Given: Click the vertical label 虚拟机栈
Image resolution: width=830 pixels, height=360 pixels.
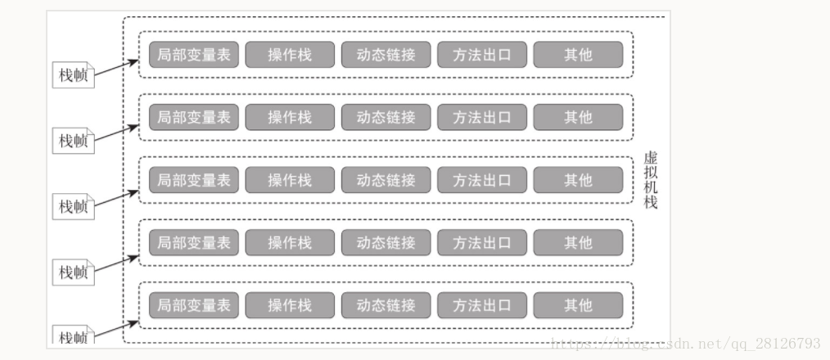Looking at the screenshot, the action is (651, 180).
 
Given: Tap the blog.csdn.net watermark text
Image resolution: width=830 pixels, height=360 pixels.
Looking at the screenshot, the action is (686, 343).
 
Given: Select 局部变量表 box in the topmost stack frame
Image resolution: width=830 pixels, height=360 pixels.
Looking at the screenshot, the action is (194, 55).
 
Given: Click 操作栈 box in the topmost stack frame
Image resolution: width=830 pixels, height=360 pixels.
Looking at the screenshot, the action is (290, 55).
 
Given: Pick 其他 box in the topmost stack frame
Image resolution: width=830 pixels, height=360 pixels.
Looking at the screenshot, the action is (578, 55).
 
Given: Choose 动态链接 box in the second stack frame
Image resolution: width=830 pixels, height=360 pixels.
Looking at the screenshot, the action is (386, 117).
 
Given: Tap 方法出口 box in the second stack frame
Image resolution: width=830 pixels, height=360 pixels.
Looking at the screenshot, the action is (482, 117).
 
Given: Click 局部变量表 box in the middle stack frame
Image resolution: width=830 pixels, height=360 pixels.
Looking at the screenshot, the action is (194, 180).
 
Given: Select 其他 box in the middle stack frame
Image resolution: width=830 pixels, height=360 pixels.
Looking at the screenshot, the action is (578, 180).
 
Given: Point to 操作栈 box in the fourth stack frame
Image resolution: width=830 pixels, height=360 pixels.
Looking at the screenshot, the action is (290, 242).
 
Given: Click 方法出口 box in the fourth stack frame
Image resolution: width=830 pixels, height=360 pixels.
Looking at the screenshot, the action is (482, 242).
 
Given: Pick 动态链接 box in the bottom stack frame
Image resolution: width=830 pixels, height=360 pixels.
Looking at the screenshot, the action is (386, 305).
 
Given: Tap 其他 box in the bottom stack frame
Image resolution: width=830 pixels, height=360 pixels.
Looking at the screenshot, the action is (578, 305).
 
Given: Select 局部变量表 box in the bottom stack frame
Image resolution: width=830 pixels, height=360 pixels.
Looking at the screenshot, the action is (194, 305).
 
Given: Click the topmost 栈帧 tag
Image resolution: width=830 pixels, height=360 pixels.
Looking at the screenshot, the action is (73, 75).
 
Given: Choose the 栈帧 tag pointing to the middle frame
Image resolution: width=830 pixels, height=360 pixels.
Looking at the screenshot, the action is (73, 206).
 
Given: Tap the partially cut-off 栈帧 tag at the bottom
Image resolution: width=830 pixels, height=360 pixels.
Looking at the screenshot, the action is (73, 336).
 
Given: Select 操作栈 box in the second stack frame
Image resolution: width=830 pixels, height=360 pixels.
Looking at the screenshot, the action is (290, 117).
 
